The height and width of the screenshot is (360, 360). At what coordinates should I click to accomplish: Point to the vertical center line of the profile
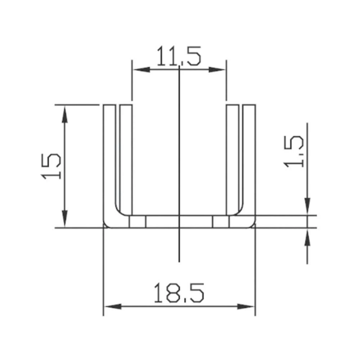pos(179,162)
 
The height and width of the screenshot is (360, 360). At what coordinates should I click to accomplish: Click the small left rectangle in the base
pos(138,222)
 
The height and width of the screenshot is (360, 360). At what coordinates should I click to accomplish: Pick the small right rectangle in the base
pos(221,222)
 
